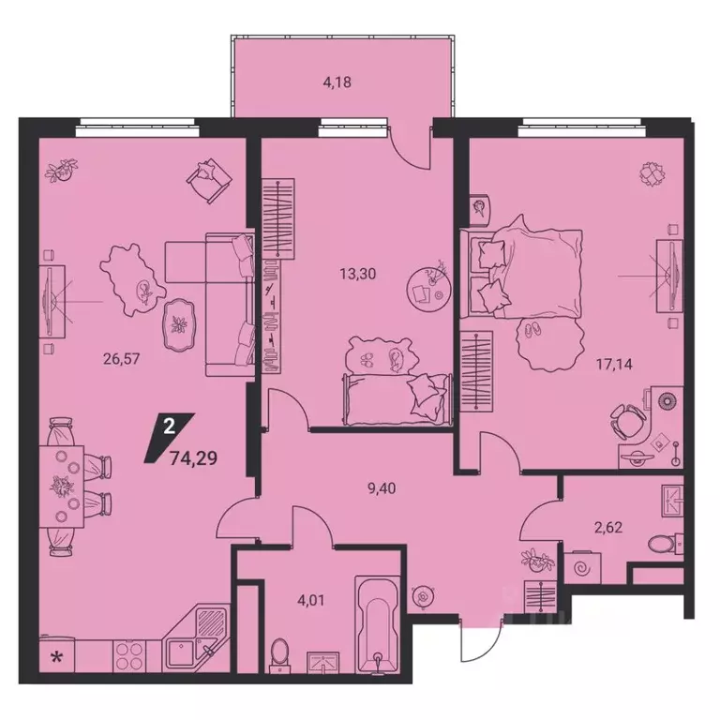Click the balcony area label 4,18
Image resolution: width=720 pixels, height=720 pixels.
pyautogui.click(x=339, y=82)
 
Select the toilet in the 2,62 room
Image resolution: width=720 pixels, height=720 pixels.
pyautogui.click(x=666, y=543)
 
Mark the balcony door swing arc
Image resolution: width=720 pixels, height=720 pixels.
pyautogui.click(x=411, y=145)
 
